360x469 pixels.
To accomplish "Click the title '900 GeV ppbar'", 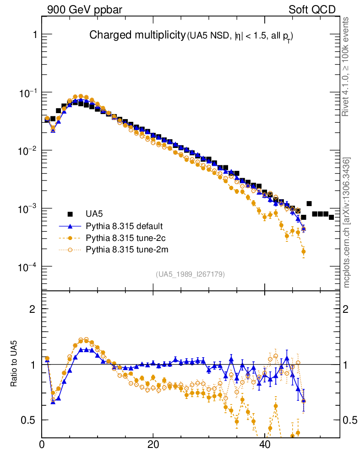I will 85,10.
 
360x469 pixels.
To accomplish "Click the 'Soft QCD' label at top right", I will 312,10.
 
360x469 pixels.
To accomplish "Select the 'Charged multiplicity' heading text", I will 136,35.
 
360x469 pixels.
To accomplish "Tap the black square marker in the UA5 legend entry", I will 70,214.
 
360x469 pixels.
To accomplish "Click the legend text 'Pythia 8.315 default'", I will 123,226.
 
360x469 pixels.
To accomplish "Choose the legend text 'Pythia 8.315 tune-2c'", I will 123,238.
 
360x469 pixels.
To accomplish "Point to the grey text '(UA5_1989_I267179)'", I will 190,274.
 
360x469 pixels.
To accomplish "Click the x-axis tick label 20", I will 153,445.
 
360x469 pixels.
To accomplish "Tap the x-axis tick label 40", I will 265,445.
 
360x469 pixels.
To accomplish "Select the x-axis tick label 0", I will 42,445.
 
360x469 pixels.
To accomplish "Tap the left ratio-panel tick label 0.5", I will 29,420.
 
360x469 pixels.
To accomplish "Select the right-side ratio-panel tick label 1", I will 348,365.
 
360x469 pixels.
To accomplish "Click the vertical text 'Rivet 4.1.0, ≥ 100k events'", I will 346,67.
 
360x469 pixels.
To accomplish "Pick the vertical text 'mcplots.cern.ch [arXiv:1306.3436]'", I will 347,223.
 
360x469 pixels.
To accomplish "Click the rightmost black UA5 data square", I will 331,217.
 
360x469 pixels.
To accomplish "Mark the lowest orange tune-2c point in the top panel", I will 303,251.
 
